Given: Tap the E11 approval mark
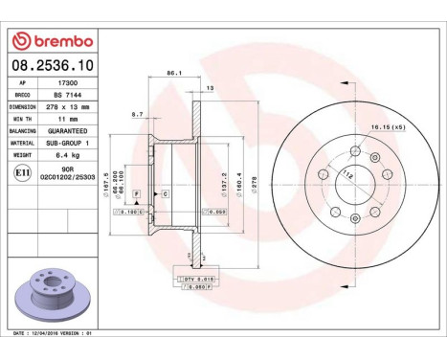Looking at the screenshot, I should click(x=21, y=172).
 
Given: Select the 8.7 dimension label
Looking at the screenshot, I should click(x=137, y=114).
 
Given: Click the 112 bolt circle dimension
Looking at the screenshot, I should click(x=346, y=174).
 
